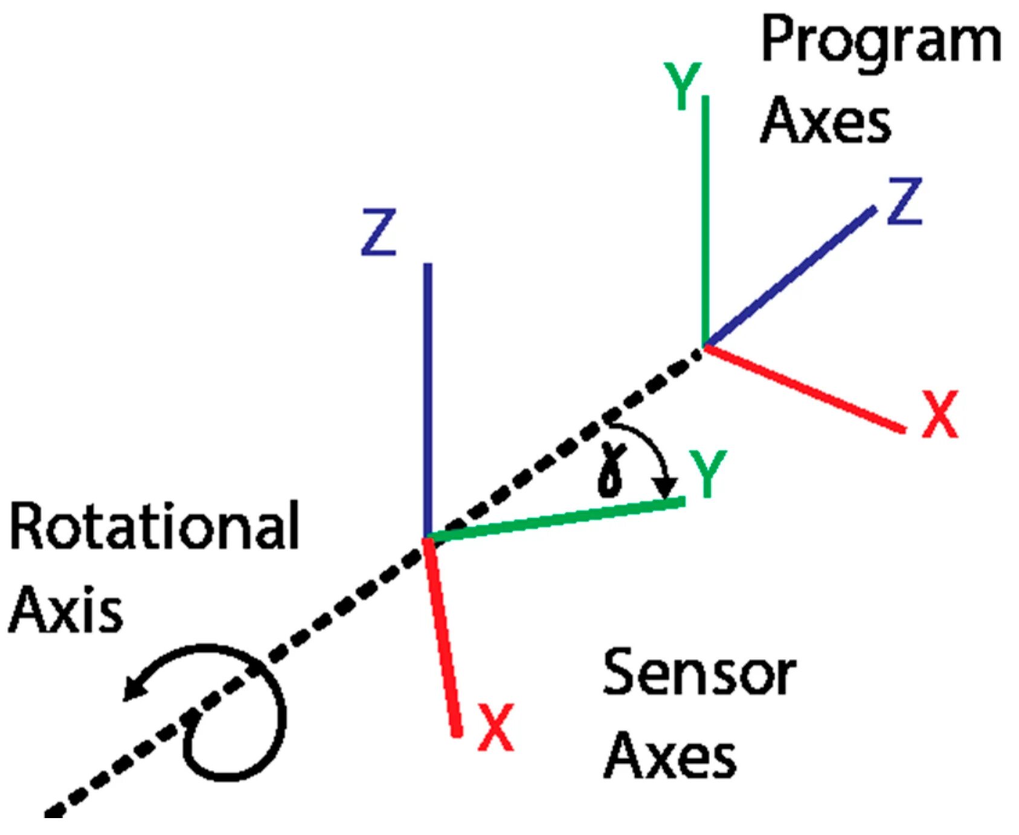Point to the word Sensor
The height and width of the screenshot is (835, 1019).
(699, 672)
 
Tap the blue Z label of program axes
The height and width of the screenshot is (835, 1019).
(904, 201)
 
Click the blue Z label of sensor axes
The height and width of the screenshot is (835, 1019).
(378, 232)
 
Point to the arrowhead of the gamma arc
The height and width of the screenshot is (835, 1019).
(667, 487)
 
